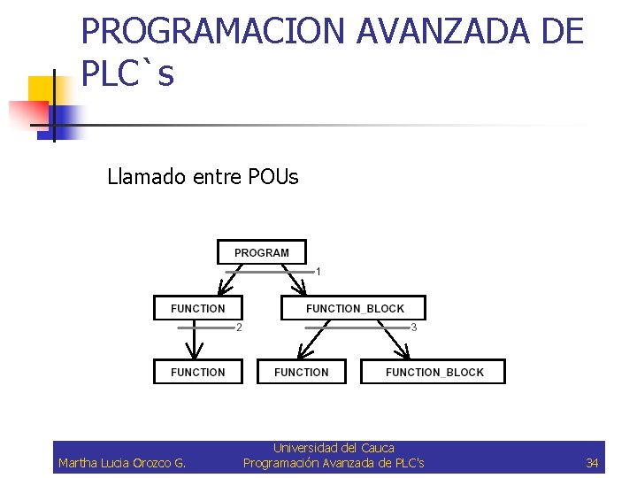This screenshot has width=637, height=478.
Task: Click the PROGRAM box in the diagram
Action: point(262,252)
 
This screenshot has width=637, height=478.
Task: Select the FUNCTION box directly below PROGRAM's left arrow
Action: point(198,308)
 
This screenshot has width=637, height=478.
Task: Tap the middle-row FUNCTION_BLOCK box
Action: point(354,308)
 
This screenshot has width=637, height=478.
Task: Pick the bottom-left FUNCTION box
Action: point(198,372)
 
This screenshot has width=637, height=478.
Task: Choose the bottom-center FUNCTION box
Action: point(301,372)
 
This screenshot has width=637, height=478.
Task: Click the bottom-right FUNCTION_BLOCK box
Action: point(434,372)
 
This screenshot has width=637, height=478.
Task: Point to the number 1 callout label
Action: point(318,271)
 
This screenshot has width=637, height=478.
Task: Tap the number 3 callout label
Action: point(414,328)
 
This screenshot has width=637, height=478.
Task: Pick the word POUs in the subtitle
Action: point(275,177)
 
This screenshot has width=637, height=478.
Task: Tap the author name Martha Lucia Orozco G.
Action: point(122,463)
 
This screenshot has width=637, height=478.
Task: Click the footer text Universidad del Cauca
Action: point(334,448)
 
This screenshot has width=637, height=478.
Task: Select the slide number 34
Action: point(592,463)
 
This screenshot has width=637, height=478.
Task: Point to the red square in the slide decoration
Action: point(27,114)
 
